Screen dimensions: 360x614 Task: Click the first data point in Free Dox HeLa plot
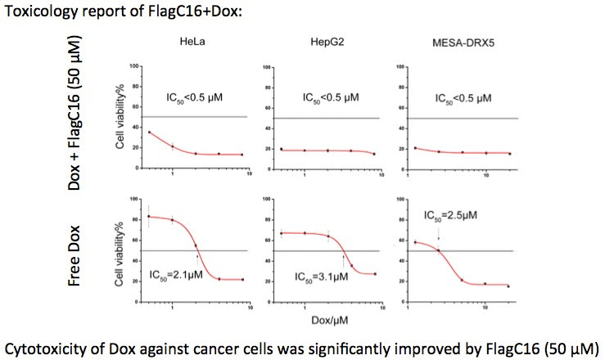pos(149,216)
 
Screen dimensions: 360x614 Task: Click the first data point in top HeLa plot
pos(149,132)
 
